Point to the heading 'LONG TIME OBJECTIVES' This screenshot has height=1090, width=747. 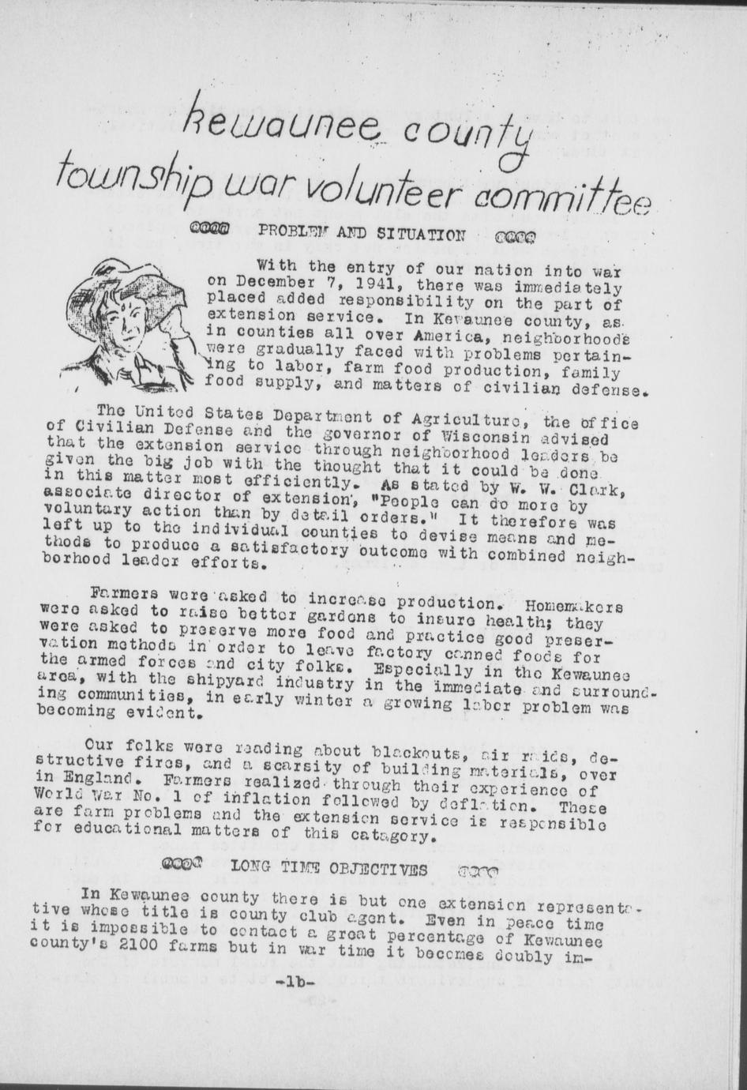tap(329, 870)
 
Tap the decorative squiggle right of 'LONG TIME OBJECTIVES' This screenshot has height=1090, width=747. tap(478, 872)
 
